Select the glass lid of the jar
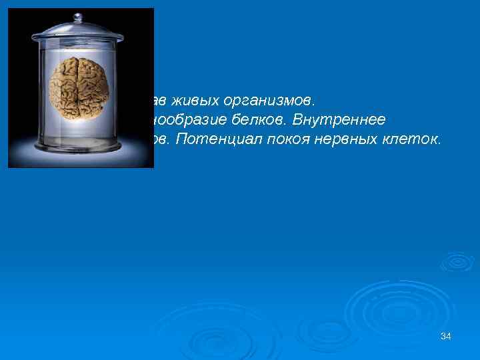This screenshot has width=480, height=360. click(x=81, y=33)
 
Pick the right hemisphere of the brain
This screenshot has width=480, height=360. click(x=95, y=89)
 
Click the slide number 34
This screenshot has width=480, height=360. click(x=446, y=337)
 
